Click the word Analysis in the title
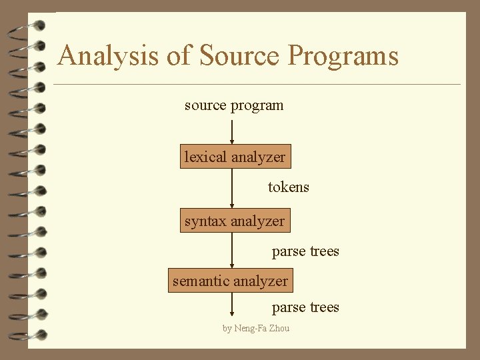point(108,56)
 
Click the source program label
point(234,105)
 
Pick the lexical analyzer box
point(235,157)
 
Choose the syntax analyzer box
point(235,221)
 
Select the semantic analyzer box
point(231,281)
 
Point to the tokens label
point(289,187)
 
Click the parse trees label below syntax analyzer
point(305,251)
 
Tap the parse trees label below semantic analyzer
point(305,307)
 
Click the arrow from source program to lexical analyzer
point(232,131)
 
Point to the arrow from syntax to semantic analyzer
point(232,250)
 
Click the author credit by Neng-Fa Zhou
point(256,328)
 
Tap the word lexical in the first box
point(206,157)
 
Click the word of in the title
point(178,55)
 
